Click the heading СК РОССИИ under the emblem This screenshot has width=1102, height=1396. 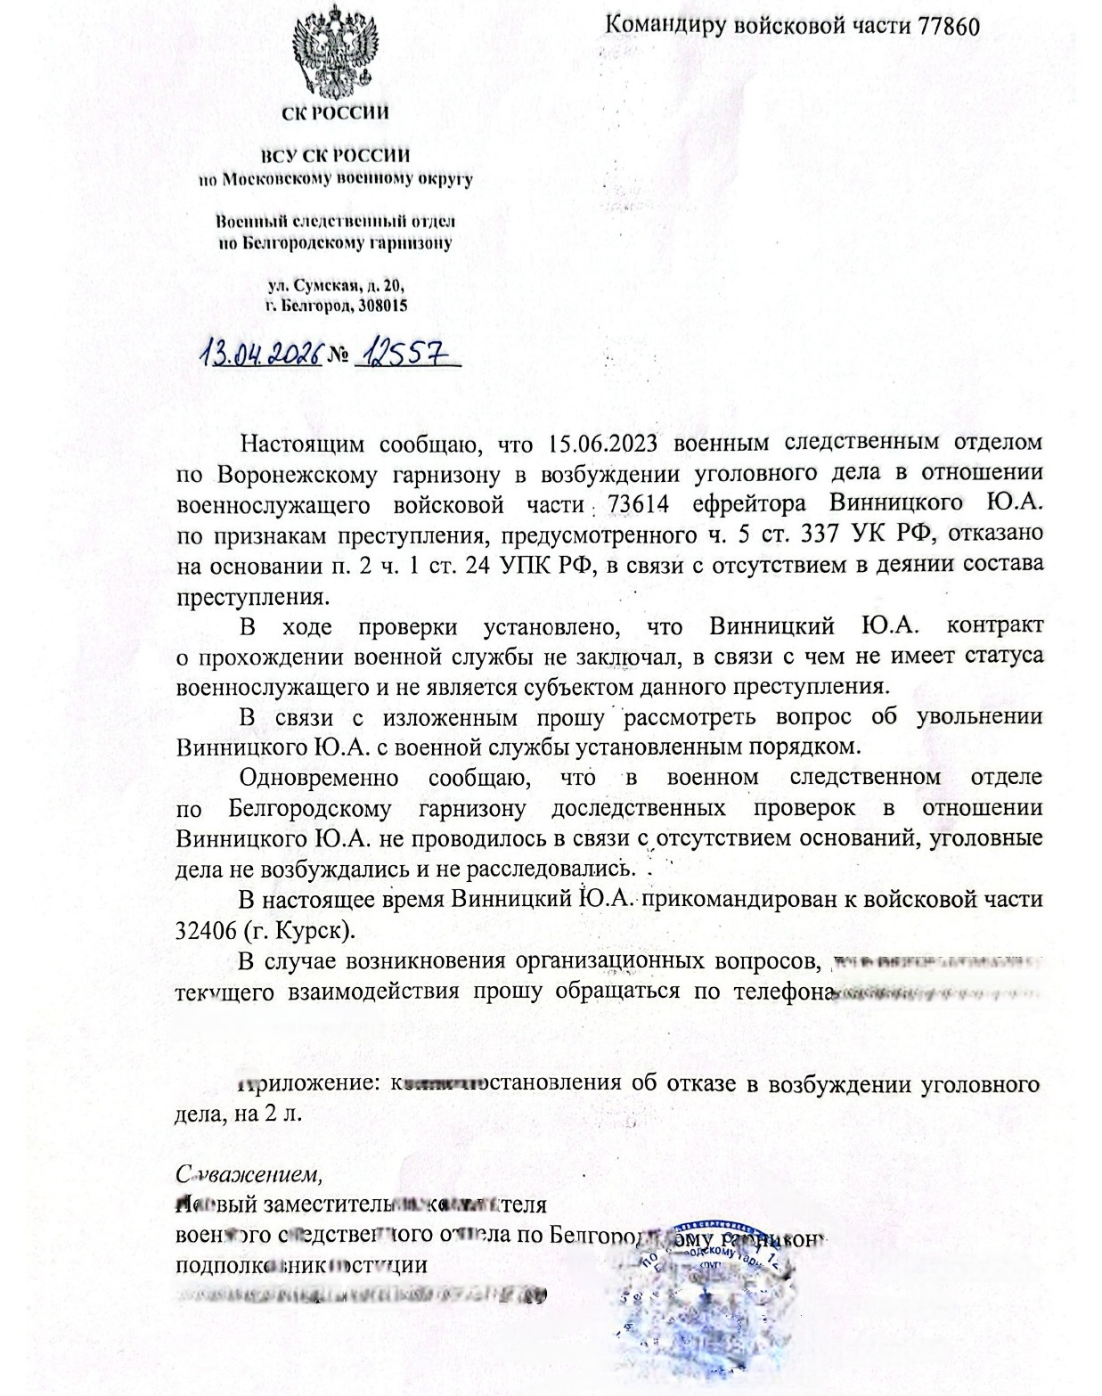[x=335, y=113]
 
